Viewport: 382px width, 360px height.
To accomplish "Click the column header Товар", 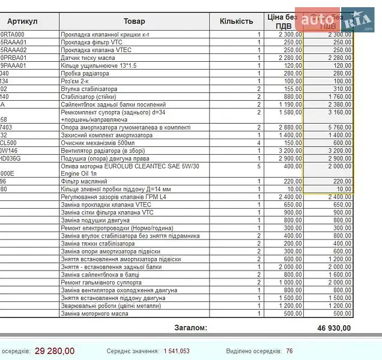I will click(134, 22).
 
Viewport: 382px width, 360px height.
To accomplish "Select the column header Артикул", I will click(23, 22).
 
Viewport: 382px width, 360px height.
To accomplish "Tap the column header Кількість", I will click(237, 22).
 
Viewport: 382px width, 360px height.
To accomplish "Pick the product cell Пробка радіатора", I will click(85, 74).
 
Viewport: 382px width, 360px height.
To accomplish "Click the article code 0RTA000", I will click(13, 35).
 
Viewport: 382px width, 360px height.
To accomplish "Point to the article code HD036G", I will click(11, 158).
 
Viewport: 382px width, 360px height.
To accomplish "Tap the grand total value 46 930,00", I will click(333, 328).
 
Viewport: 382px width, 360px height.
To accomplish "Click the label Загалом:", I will click(190, 328).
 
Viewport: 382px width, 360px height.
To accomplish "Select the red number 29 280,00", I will click(55, 351).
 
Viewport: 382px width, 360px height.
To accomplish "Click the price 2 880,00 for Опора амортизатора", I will click(290, 127).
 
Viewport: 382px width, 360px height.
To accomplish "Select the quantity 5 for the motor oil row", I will click(259, 166).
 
